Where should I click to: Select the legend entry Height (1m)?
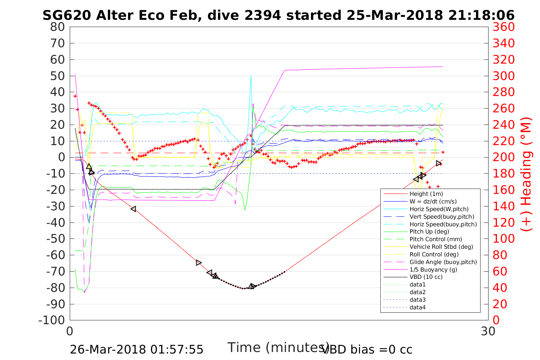[426, 194]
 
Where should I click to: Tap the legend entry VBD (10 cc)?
[426, 277]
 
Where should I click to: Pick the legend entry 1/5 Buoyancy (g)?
[433, 269]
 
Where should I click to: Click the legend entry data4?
[417, 307]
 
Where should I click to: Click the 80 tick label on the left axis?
[58, 27]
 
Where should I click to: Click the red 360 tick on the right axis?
[503, 27]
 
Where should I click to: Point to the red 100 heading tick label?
[503, 239]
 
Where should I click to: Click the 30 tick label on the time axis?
[488, 331]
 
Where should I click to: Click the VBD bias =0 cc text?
[367, 349]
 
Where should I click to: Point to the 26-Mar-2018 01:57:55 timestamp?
[136, 349]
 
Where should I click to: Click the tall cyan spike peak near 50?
[251, 76]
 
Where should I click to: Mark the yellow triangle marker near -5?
[89, 166]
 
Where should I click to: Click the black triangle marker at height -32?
[133, 209]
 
